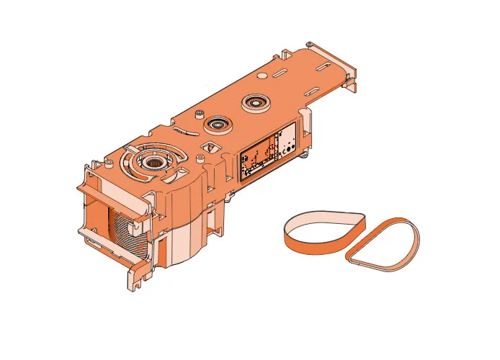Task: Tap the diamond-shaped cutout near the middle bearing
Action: pyautogui.click(x=210, y=147)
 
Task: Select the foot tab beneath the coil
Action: pyautogui.click(x=137, y=274)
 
